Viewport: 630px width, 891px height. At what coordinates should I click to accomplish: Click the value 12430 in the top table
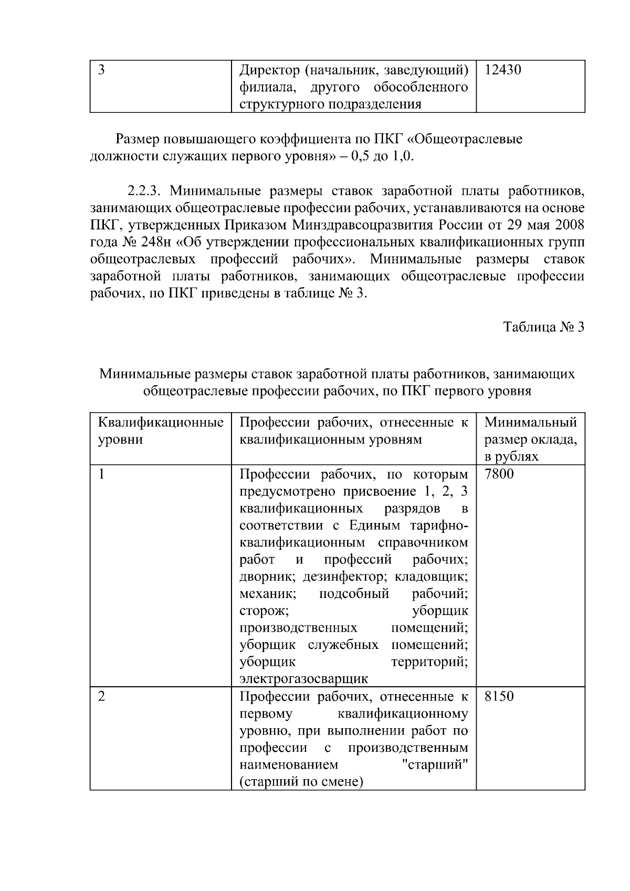pos(502,70)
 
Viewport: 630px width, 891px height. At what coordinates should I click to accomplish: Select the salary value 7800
pos(499,474)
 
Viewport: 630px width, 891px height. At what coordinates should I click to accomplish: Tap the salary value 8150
pos(499,697)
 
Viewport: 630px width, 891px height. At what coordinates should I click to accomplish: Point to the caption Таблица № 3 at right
pos(544,327)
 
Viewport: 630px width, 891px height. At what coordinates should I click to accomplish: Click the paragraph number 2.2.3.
pos(146,191)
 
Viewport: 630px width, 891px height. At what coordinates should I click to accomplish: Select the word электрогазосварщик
pos(303,678)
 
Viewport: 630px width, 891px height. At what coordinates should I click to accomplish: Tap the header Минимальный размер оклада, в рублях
pos(530,439)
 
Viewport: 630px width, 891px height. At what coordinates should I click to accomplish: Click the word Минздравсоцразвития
pos(368,225)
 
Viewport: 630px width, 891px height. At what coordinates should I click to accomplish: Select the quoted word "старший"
pos(434,764)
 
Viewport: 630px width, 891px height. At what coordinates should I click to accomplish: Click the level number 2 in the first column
pos(102,697)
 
